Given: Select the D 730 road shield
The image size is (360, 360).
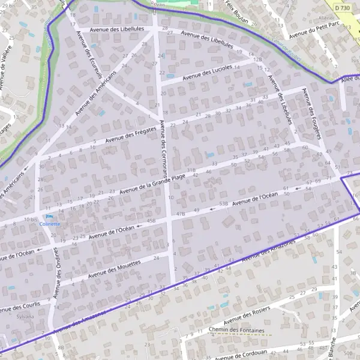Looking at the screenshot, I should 342,7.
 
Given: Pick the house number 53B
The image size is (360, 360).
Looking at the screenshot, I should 223,205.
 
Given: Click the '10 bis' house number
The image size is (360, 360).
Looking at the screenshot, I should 31,220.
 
